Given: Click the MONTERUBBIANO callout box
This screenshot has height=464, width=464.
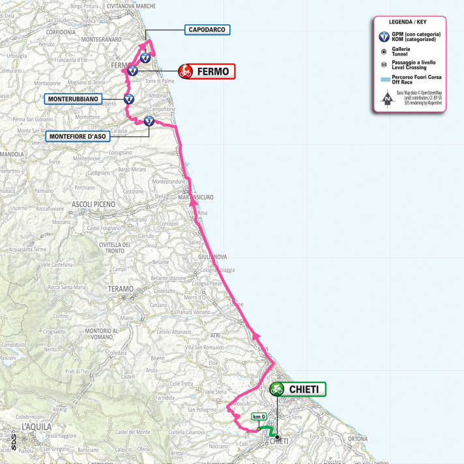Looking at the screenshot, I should (73, 100).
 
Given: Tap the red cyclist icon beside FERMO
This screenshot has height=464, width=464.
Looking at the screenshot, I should (186, 72).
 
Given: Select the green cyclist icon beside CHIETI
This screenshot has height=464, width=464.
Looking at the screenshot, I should (277, 389).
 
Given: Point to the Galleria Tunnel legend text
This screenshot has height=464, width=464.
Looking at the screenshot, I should (402, 51).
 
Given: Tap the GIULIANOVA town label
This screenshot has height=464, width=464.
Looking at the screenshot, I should (212, 256).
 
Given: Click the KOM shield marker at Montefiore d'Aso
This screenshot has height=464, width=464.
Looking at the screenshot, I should (149, 120).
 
